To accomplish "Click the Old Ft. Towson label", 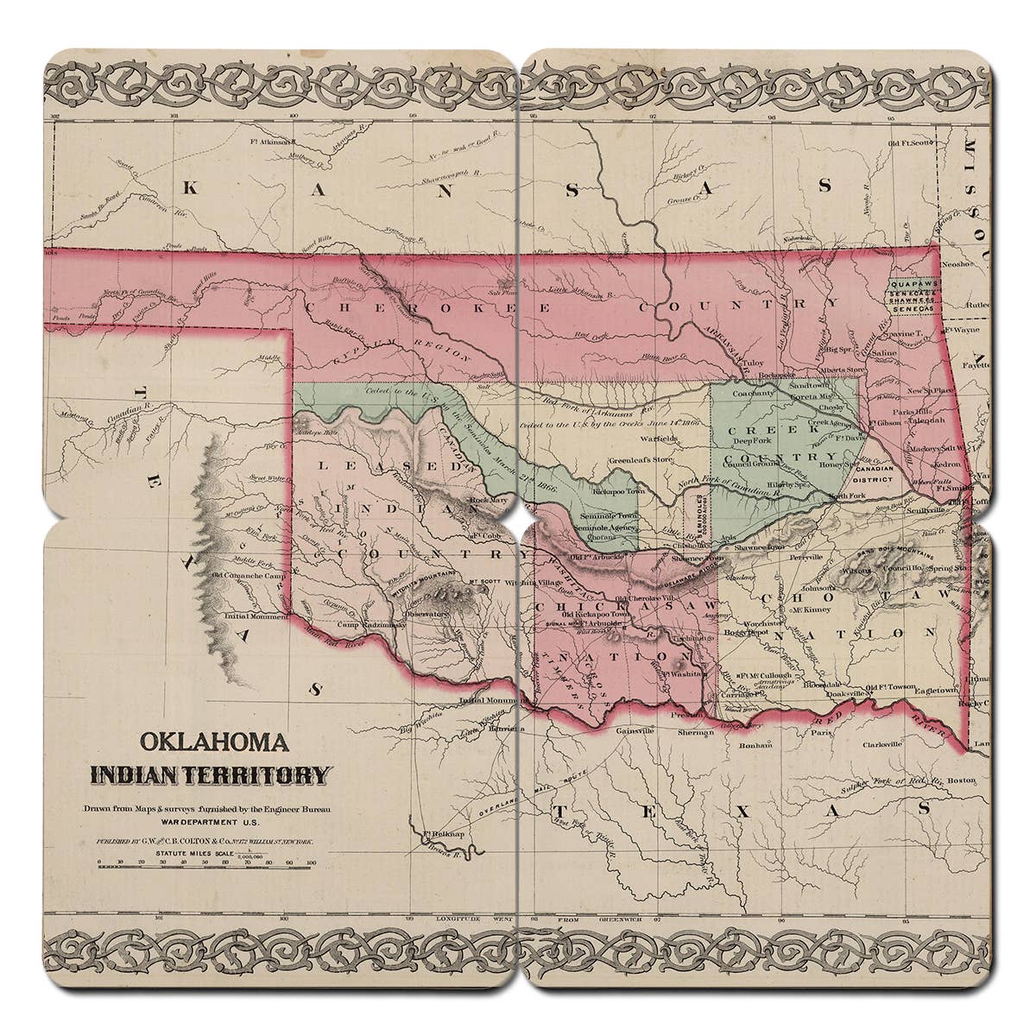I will [891, 687].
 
